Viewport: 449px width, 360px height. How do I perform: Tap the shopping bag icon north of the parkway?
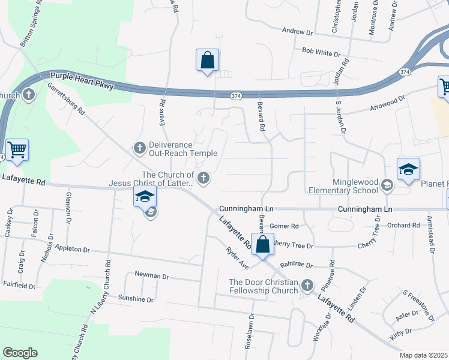tap(207, 61)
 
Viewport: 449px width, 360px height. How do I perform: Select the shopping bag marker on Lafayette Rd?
tap(262, 244)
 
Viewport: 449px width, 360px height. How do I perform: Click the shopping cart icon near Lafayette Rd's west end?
tap(17, 149)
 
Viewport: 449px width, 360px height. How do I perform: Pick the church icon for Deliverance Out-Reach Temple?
tap(139, 147)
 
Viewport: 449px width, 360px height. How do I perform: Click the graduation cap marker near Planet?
tap(408, 170)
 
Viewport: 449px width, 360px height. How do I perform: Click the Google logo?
tap(20, 352)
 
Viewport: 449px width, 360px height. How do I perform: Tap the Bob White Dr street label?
tap(321, 52)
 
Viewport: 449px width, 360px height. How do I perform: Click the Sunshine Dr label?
tap(136, 299)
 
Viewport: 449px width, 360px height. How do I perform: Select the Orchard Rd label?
tap(403, 225)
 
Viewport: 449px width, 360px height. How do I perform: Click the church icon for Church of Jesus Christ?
tap(204, 176)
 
